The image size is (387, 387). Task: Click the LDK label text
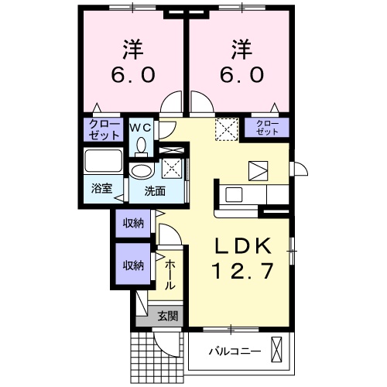[x=243, y=246]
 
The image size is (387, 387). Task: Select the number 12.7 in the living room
[x=243, y=272]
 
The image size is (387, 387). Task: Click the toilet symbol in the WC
[x=140, y=144]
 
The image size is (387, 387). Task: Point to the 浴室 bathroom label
[x=101, y=188]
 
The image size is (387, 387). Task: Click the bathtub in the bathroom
[x=101, y=163]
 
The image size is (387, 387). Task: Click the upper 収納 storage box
[x=132, y=224]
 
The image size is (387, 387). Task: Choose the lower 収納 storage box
[x=132, y=265]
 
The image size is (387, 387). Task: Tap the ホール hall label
[x=170, y=274]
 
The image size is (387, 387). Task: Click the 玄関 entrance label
[x=168, y=315]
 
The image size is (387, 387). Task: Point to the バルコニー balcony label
[x=234, y=351]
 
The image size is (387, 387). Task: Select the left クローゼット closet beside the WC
[x=103, y=128]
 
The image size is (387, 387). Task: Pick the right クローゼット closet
[x=267, y=128]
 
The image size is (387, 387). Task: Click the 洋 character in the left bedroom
[x=131, y=50]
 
